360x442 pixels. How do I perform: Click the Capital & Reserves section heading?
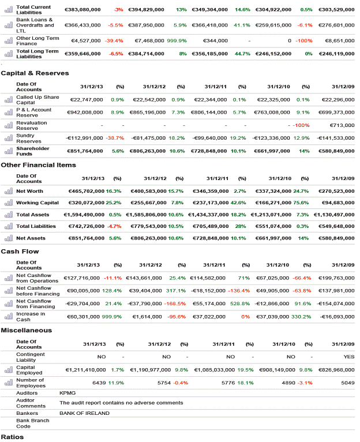coord(35,73)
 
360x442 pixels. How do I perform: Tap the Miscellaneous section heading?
coord(27,330)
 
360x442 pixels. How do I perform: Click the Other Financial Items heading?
coord(39,165)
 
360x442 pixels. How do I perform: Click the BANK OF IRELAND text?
coord(84,413)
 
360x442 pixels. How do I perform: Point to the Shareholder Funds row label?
coord(33,151)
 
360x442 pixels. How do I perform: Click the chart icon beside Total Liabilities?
coord(8,226)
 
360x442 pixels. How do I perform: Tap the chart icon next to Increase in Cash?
coord(8,316)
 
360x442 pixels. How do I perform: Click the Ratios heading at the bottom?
coord(12,437)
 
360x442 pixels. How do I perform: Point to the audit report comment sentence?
coord(121,403)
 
